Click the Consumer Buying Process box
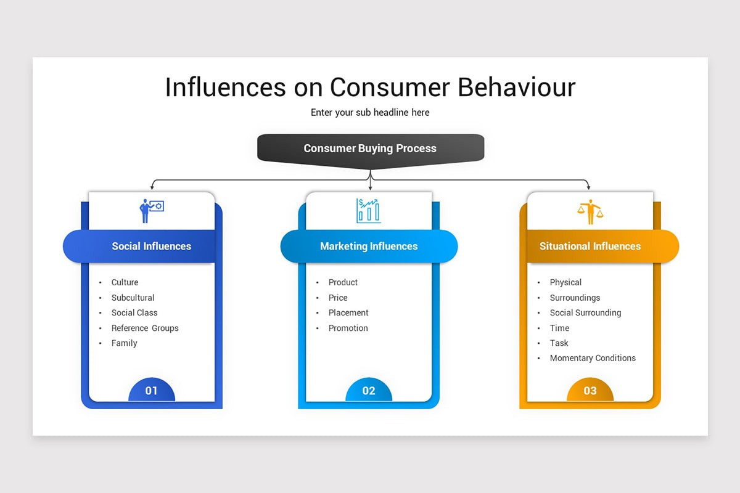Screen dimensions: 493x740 [370, 149]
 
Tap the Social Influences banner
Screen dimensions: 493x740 [151, 246]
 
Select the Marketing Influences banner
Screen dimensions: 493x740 [369, 246]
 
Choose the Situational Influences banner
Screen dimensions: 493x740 [590, 246]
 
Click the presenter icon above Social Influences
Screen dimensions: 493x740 [151, 210]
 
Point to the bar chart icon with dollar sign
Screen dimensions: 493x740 [369, 210]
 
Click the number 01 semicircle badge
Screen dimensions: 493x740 [151, 390]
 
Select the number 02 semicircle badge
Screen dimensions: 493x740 [369, 390]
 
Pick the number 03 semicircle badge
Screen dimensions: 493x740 [590, 390]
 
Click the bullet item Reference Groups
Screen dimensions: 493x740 [145, 328]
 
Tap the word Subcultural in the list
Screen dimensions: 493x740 [133, 298]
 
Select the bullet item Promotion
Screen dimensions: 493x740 [348, 328]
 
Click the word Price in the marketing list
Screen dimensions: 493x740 [338, 298]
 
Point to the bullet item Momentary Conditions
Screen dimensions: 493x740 [593, 358]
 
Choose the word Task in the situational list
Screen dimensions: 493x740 [559, 343]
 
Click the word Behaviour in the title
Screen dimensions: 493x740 [516, 87]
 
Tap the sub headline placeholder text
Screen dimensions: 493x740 [370, 112]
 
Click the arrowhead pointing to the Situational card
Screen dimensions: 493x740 [588, 187]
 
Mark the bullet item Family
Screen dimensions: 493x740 [124, 343]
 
